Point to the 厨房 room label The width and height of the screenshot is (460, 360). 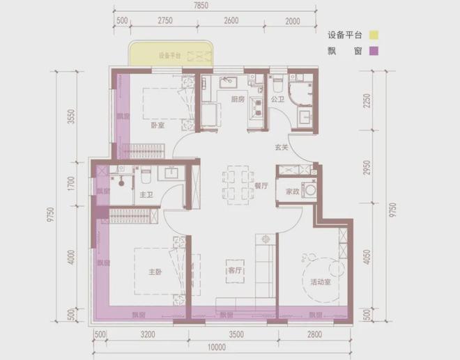[238, 100]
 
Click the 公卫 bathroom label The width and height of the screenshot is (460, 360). [277, 100]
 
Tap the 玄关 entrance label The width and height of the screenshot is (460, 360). [282, 147]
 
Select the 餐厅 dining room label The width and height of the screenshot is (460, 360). [261, 187]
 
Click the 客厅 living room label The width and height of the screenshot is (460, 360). [234, 270]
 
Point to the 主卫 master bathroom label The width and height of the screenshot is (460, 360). [146, 196]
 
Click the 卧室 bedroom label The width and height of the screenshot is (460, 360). [157, 126]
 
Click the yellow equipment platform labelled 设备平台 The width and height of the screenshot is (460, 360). [169, 54]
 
